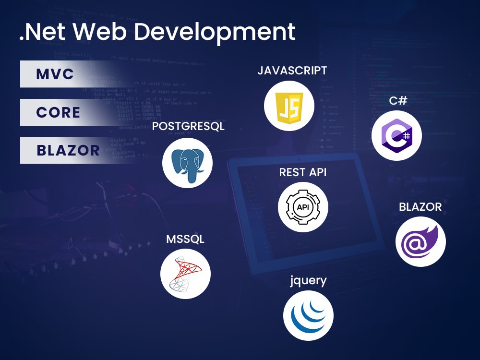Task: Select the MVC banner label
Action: (x=55, y=74)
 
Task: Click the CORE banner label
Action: (x=58, y=112)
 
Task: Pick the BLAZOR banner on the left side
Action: (x=68, y=150)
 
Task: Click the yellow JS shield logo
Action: (x=289, y=107)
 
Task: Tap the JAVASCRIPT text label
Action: (x=292, y=71)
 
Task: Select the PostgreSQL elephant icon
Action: (x=187, y=163)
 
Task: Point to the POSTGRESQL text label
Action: (x=188, y=127)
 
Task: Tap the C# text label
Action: (x=398, y=101)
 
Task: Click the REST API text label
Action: (x=303, y=172)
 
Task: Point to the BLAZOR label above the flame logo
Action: (x=420, y=207)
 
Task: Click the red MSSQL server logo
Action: (x=185, y=275)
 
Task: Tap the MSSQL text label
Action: (x=185, y=239)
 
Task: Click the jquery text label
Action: (x=308, y=280)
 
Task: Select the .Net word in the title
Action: (x=42, y=32)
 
